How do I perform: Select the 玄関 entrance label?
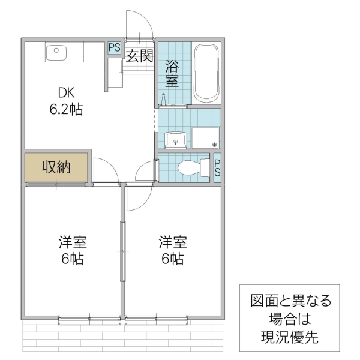pyautogui.click(x=139, y=56)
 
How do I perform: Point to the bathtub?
pyautogui.click(x=208, y=73)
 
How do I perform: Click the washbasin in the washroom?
pyautogui.click(x=176, y=139)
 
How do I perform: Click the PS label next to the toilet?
pyautogui.click(x=217, y=168)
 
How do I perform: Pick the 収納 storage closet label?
pyautogui.click(x=56, y=167)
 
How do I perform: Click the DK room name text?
pyautogui.click(x=66, y=93)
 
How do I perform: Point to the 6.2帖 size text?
pyautogui.click(x=66, y=110)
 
